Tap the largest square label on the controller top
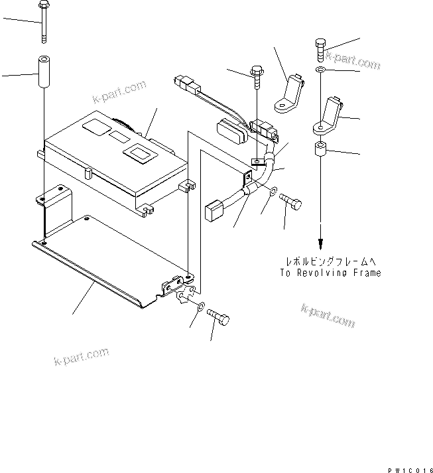[x=141, y=153]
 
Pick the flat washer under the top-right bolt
[x=320, y=70]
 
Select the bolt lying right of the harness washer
[x=291, y=202]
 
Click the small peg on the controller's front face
[x=88, y=174]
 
